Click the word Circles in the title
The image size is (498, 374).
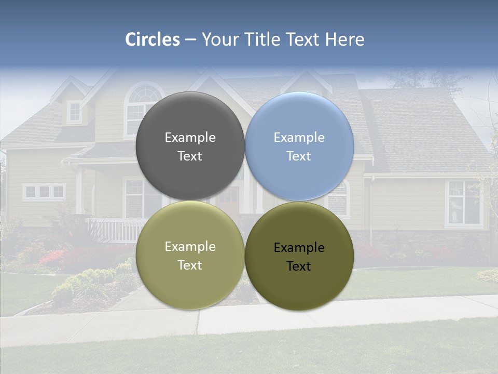[x=152, y=39]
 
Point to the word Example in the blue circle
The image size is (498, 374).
[x=299, y=138]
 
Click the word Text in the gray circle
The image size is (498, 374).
[x=190, y=156]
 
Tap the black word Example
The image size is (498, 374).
[x=299, y=248]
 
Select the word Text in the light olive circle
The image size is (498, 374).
[x=190, y=265]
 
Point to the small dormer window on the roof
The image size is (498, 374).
[x=75, y=111]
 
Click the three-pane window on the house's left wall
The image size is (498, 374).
[x=44, y=192]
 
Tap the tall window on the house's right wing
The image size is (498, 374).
[x=463, y=203]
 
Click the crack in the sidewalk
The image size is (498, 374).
[x=198, y=323]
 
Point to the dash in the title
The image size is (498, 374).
[x=190, y=39]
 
